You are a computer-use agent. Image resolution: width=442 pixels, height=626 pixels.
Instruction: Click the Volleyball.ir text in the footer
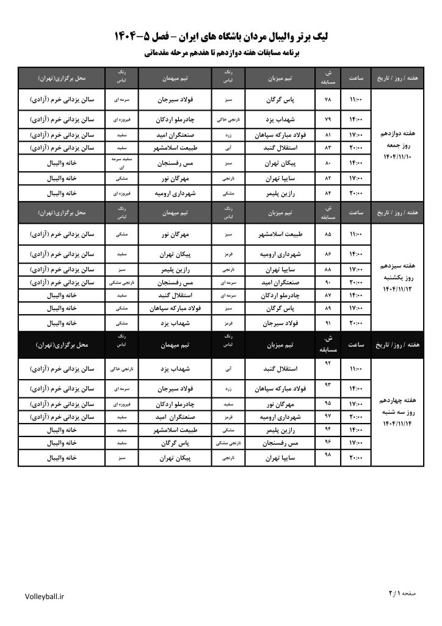click(x=45, y=596)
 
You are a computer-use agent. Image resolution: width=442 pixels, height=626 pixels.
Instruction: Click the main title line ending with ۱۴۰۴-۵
click(x=221, y=37)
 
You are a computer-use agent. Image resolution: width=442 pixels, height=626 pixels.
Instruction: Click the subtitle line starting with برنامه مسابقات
click(x=221, y=54)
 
